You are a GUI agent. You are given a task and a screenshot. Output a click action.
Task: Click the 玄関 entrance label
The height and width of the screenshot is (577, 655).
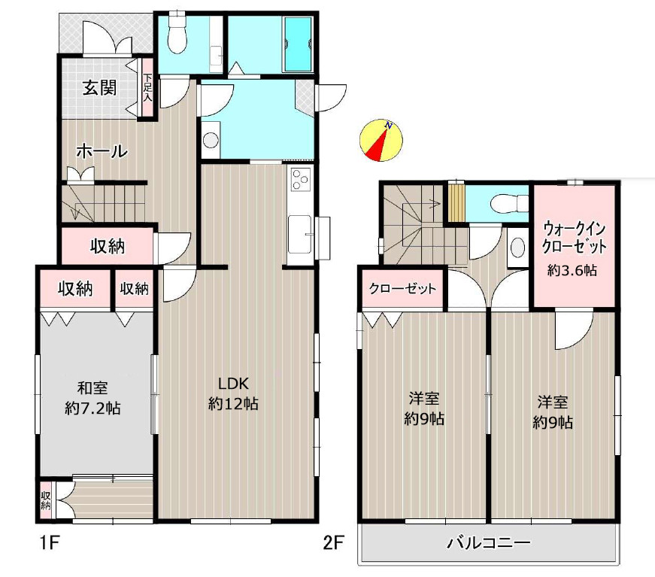99,88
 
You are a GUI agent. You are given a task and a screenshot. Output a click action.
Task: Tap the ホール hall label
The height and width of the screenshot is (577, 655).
102,150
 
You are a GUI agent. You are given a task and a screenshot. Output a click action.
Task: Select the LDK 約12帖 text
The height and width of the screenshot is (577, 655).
234,393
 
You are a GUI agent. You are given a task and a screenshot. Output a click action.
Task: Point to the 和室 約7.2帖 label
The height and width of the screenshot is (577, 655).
92,398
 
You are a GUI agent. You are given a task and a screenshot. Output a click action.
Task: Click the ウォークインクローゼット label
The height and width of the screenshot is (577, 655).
574,238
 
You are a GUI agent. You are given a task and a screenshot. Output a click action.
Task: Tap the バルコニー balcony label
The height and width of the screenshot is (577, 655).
489,542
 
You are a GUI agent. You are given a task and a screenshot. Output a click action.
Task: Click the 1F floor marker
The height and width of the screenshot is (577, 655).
50,542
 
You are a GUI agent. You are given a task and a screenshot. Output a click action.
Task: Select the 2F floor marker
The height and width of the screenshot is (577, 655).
333,542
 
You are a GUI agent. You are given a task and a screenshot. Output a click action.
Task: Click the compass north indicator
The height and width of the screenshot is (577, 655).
381,141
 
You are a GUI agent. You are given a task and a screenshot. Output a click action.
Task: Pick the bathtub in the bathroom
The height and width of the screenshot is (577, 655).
298,44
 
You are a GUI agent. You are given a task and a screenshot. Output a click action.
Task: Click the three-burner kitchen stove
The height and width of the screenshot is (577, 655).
300,180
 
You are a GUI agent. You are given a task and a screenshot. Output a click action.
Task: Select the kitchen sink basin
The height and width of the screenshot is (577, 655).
299,235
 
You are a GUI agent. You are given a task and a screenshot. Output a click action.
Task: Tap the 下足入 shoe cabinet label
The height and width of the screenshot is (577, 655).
148,88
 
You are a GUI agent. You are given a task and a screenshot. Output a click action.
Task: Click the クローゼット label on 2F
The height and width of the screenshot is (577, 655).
402,288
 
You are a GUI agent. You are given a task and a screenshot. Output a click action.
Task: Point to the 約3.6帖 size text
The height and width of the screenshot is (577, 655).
572,270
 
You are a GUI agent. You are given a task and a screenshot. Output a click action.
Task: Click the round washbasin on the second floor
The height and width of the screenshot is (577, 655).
517,248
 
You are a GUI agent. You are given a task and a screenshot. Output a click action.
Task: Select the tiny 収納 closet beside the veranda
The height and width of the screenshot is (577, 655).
46,500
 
